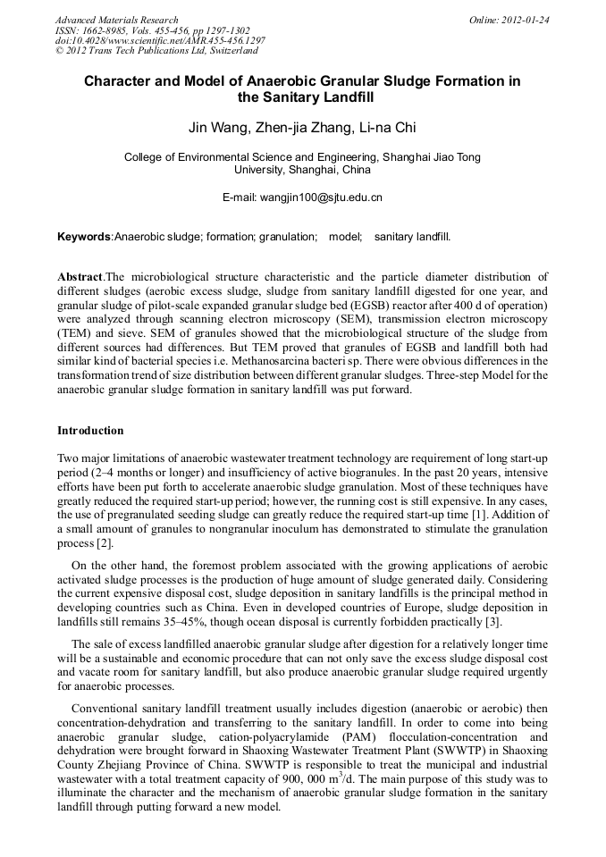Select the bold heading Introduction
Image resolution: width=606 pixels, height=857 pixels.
90,431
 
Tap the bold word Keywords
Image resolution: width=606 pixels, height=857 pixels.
84,237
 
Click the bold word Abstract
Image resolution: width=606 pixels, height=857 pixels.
80,277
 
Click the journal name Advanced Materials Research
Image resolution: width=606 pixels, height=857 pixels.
116,20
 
